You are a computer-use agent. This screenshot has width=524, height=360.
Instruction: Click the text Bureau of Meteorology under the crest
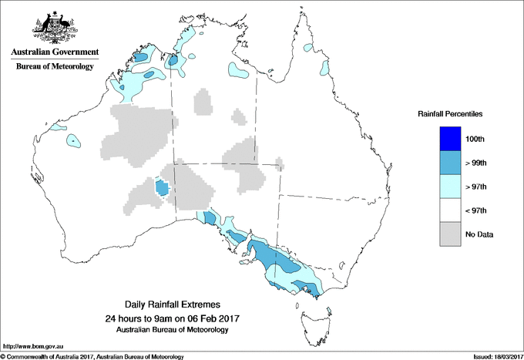[x=55, y=67]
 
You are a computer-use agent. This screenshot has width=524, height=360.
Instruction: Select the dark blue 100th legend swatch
[x=450, y=139]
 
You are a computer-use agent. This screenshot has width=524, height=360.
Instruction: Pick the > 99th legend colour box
[x=450, y=163]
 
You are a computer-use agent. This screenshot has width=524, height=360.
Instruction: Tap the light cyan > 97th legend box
[x=450, y=187]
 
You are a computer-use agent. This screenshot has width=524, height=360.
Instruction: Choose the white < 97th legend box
[x=450, y=210]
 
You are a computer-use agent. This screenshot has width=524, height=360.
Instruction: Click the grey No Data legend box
[x=450, y=234]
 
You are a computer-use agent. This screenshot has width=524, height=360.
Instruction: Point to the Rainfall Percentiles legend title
[x=450, y=113]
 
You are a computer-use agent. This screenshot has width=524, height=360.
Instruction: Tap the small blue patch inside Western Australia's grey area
[x=162, y=188]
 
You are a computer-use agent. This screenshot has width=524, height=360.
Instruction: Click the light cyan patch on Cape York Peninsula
[x=324, y=68]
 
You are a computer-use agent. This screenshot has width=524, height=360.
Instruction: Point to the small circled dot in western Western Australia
[x=73, y=140]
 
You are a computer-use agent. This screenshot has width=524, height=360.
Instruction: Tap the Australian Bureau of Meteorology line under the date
[x=172, y=330]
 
